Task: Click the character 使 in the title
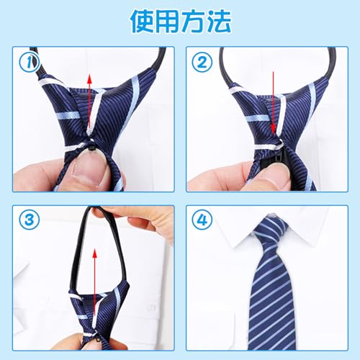(x=143, y=21)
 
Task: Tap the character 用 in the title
(x=168, y=21)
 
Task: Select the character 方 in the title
(x=194, y=21)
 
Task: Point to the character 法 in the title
(x=219, y=21)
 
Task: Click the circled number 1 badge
(x=29, y=62)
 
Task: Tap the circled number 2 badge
(x=202, y=62)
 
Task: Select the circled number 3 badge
(x=29, y=220)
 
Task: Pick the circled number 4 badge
(x=202, y=220)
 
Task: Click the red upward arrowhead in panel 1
(x=90, y=78)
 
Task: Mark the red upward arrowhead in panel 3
(x=95, y=253)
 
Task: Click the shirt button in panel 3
(x=150, y=307)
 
